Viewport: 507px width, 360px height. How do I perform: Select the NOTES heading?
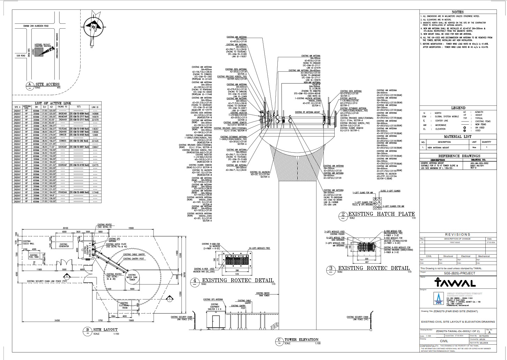pyautogui.click(x=457, y=12)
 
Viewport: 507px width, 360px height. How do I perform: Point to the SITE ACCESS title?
pyautogui.click(x=47, y=84)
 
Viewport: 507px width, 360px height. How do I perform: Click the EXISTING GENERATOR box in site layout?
pyautogui.click(x=64, y=245)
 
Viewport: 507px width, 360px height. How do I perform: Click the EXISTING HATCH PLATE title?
pyautogui.click(x=381, y=214)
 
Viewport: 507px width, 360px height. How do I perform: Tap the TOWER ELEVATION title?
pyautogui.click(x=301, y=339)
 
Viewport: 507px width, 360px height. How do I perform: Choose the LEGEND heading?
pyautogui.click(x=458, y=108)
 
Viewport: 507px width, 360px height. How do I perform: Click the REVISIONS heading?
pyautogui.click(x=458, y=235)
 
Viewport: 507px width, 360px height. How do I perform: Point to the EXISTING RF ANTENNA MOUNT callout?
pyautogui.click(x=307, y=112)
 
